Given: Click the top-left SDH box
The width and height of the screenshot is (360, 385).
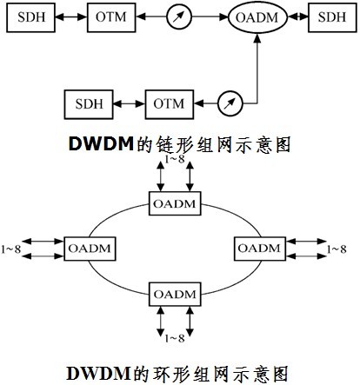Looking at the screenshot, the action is click(30, 17).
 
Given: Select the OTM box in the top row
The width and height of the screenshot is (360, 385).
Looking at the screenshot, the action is click(111, 17).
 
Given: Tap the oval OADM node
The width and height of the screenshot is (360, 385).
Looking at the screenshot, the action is click(257, 17).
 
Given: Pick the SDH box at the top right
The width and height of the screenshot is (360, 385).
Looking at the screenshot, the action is click(332, 17).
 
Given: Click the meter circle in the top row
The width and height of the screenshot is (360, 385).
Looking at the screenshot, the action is click(179, 17).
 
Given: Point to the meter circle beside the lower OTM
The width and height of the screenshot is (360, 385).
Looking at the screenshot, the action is click(230, 103).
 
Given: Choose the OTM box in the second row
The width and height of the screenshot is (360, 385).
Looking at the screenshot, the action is click(170, 104).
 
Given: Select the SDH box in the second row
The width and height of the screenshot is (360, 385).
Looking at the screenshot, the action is click(89, 104).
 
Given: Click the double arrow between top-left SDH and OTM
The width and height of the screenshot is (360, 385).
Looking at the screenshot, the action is click(71, 17).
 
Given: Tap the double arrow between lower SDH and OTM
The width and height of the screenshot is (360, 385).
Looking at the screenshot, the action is click(129, 103).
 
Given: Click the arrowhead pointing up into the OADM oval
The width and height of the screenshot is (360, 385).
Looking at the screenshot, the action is click(257, 38).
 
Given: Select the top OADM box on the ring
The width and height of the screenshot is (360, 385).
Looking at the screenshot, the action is click(175, 203).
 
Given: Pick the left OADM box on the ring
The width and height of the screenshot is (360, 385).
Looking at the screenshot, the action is click(90, 249).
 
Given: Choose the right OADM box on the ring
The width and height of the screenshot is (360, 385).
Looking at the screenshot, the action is click(260, 249).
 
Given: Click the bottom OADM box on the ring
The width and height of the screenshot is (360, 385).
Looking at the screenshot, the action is click(175, 294).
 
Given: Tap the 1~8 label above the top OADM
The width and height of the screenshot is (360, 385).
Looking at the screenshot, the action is click(175, 159).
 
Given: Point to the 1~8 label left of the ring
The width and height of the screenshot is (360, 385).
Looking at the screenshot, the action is click(11, 249).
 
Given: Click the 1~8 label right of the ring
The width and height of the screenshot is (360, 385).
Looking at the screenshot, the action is click(337, 249).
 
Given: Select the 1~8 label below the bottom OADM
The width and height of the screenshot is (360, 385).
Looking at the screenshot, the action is click(175, 338).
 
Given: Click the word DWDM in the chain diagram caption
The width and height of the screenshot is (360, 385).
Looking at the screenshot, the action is click(101, 144).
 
